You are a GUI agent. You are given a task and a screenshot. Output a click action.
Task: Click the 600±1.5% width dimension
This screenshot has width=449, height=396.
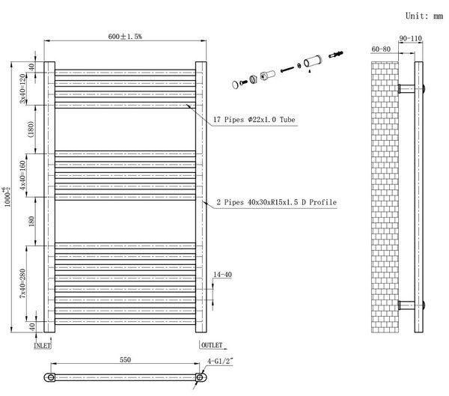point(125,37)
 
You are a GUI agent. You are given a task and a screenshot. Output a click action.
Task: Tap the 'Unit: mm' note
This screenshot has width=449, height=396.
point(424,16)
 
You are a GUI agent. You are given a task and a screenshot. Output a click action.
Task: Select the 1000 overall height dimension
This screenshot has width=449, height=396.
point(7,197)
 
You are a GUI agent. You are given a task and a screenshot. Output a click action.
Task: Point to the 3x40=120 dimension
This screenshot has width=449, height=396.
point(22,88)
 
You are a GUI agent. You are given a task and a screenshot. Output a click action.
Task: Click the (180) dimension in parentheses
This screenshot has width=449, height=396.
point(31,130)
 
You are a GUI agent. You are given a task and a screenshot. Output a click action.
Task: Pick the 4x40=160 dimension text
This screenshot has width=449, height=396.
point(22,175)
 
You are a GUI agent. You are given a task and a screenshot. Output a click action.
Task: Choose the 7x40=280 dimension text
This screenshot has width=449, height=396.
point(22,284)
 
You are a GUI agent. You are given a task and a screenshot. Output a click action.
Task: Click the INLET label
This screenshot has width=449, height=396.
point(43,346)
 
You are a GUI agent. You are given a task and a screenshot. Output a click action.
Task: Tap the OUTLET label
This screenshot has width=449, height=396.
point(212,345)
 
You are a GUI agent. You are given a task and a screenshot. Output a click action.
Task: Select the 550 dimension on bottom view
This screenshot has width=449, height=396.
point(125,359)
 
